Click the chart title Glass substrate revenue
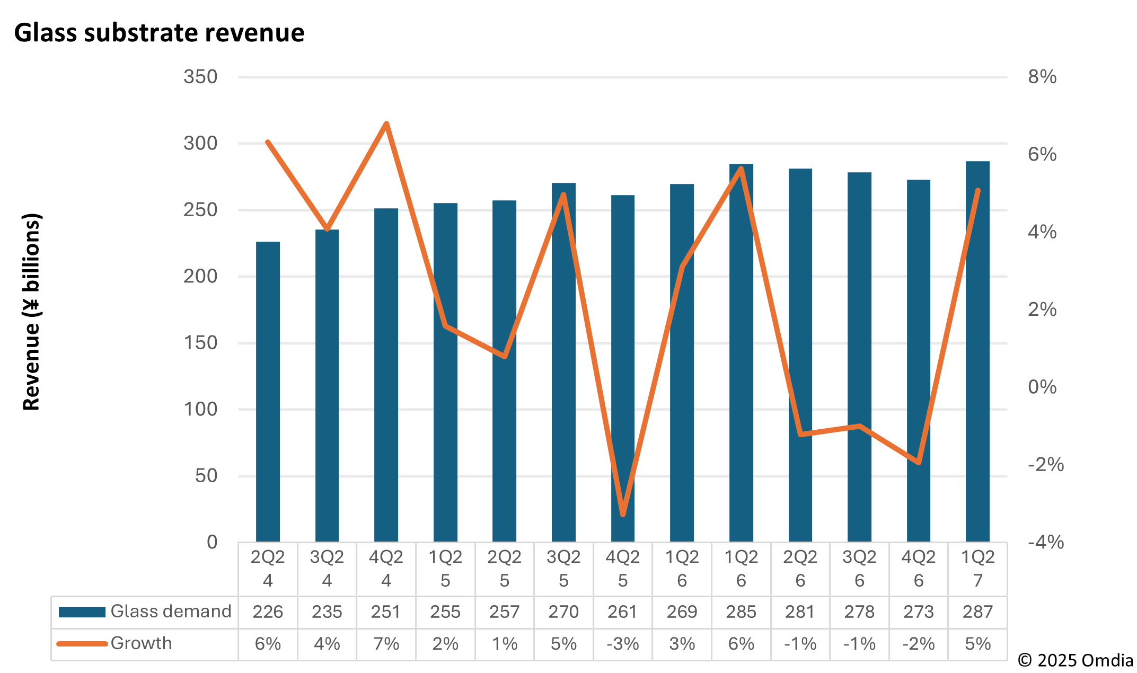click(159, 33)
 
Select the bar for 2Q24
click(268, 392)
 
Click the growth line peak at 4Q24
click(386, 124)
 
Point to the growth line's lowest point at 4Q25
click(623, 514)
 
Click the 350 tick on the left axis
click(200, 77)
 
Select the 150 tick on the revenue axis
click(200, 343)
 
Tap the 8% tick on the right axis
click(1042, 77)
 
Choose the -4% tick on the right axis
click(1045, 542)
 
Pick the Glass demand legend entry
click(145, 612)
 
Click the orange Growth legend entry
click(114, 643)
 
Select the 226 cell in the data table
click(268, 612)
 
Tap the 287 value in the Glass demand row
click(977, 612)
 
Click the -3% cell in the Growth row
click(622, 644)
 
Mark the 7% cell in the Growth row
click(386, 644)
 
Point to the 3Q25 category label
click(563, 569)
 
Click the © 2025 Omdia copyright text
click(1076, 660)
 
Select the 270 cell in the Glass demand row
click(563, 612)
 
